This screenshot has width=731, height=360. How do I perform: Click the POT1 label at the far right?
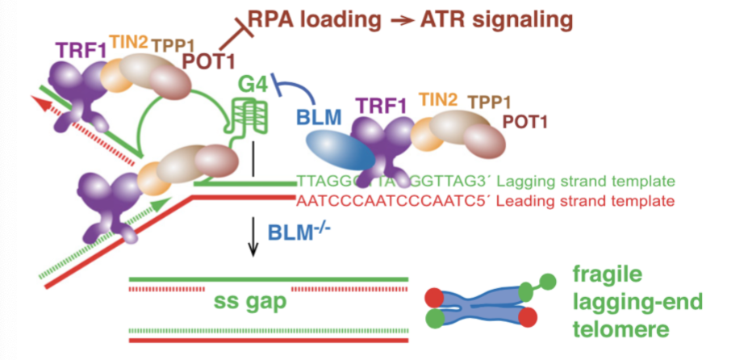pos(525,122)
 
